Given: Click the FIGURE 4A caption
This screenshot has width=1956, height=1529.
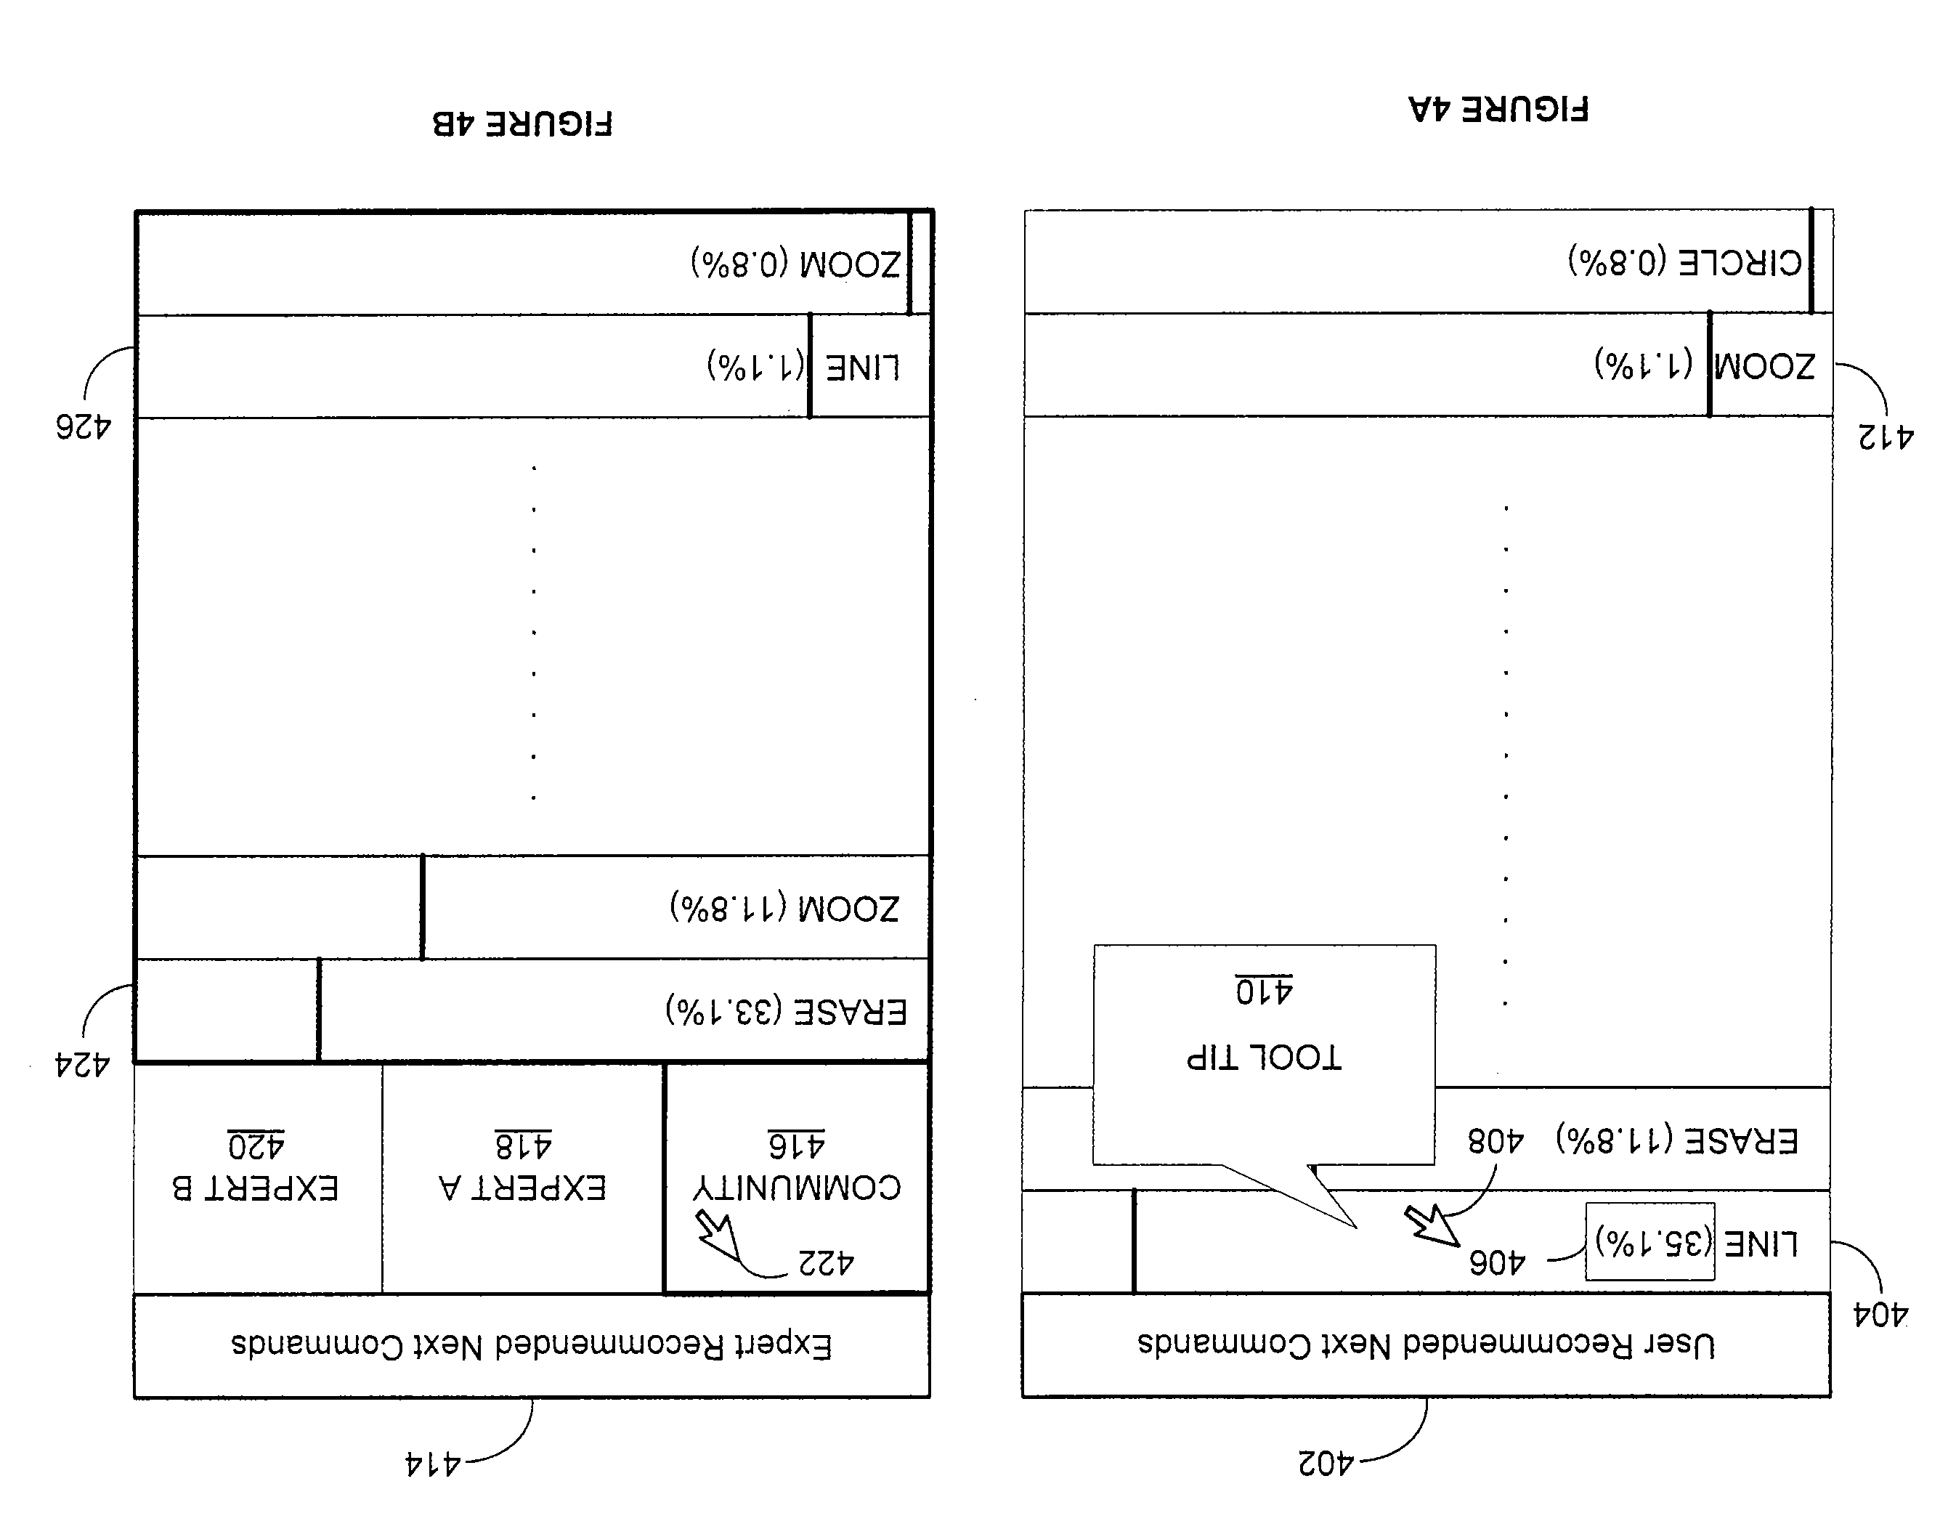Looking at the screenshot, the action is click(x=1498, y=109).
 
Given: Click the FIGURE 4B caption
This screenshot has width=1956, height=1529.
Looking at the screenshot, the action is click(x=522, y=123).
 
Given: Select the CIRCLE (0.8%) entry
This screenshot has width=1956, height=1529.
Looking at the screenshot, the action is click(x=1684, y=261).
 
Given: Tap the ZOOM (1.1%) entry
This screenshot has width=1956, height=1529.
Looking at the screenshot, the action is click(x=1705, y=365).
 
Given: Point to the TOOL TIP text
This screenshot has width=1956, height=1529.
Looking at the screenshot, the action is click(x=1264, y=1058).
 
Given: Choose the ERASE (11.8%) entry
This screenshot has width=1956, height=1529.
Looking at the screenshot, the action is click(x=1676, y=1140).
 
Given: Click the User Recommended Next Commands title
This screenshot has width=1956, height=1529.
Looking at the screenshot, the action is click(x=1426, y=1345).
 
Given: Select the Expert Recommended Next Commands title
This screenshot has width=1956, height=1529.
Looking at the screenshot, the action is click(x=532, y=1345).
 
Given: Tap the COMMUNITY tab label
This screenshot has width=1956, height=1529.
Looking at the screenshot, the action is click(x=797, y=1188).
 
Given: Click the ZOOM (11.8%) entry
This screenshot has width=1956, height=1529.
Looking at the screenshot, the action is click(x=784, y=908).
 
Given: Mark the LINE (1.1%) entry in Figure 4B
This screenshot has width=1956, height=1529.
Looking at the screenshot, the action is click(x=803, y=366).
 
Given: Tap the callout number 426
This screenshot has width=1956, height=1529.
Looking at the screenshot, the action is click(x=84, y=427).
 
